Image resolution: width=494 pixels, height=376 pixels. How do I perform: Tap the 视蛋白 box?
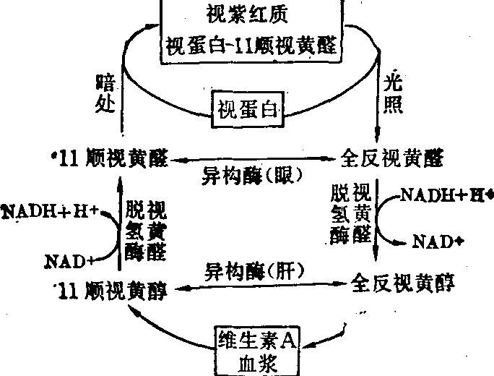click(x=247, y=110)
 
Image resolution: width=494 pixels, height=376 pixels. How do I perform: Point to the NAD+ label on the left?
click(x=71, y=259)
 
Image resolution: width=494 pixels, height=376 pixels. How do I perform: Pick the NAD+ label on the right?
click(x=438, y=242)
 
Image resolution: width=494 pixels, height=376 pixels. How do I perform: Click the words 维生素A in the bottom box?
click(x=257, y=338)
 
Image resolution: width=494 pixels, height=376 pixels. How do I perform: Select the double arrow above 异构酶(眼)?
click(x=249, y=158)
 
